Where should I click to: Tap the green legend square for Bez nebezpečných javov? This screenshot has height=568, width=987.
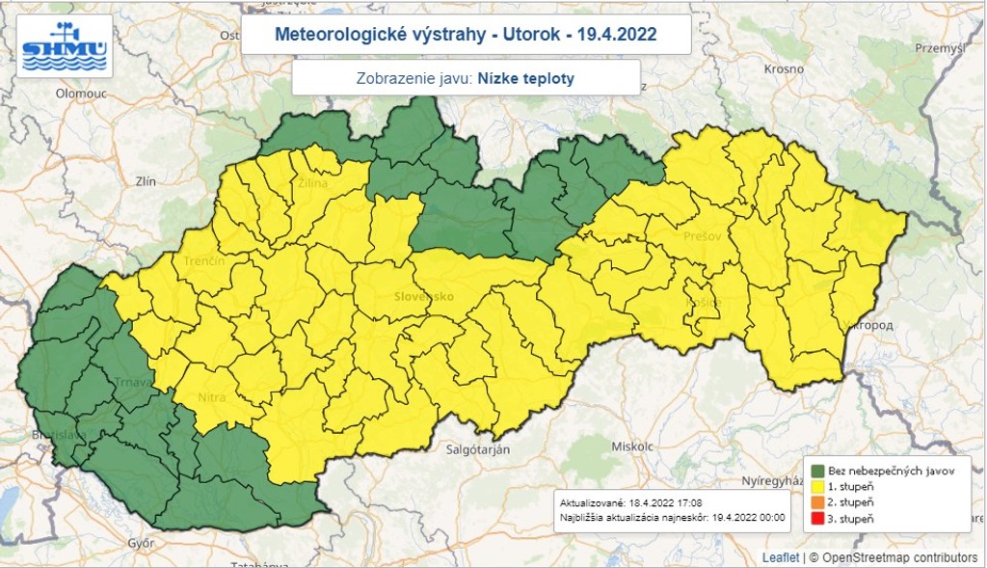(815, 470)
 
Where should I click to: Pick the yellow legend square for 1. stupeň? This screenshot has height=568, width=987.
(815, 486)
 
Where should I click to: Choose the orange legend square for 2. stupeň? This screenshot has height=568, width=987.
(815, 502)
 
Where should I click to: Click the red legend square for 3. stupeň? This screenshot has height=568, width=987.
(815, 519)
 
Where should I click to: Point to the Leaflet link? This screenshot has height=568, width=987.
(780, 557)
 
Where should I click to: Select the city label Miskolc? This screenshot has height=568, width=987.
(632, 446)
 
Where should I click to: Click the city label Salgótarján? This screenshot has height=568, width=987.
(476, 449)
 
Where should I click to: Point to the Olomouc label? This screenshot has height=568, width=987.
(80, 94)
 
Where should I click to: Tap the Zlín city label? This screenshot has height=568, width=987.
(146, 180)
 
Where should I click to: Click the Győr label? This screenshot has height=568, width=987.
(141, 543)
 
